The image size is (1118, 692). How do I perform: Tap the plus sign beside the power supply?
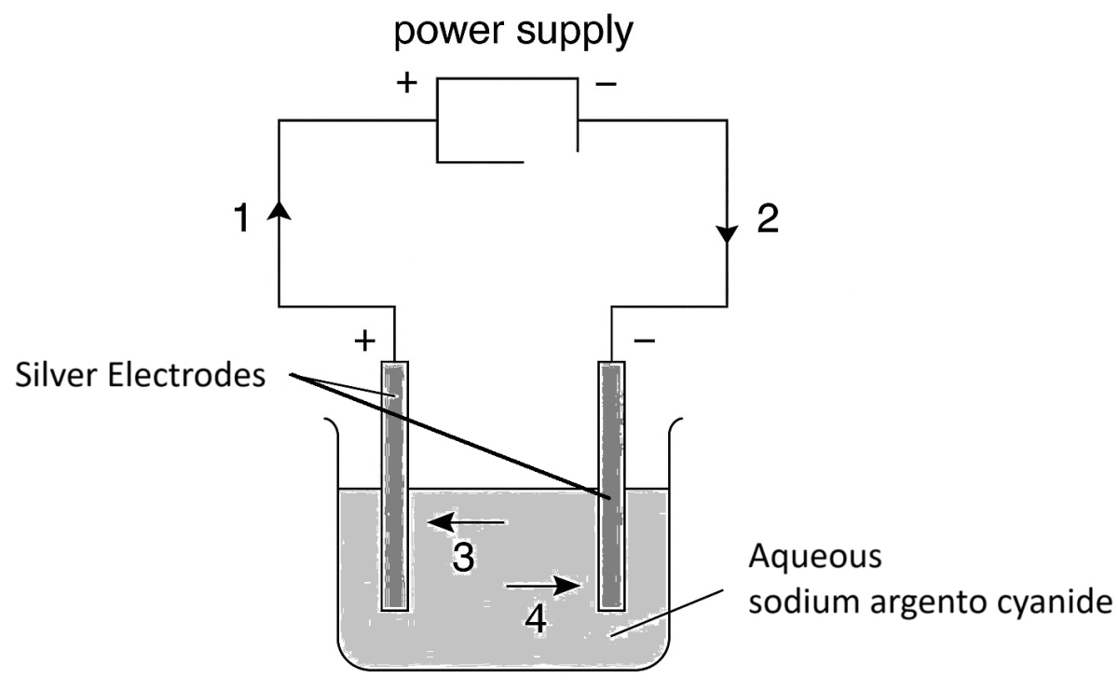coord(407,83)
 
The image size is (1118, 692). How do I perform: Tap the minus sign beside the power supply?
coord(606,85)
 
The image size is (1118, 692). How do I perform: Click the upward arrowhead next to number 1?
coord(279,213)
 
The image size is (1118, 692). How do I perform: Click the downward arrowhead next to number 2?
coord(728,233)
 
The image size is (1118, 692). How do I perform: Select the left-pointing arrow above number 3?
coord(466,522)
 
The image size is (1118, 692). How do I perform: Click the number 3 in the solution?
coord(463,559)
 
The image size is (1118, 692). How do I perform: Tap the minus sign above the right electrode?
coord(644,340)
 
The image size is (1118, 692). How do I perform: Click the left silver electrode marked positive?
coord(395,485)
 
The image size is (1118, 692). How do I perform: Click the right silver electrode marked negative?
coord(610,485)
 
